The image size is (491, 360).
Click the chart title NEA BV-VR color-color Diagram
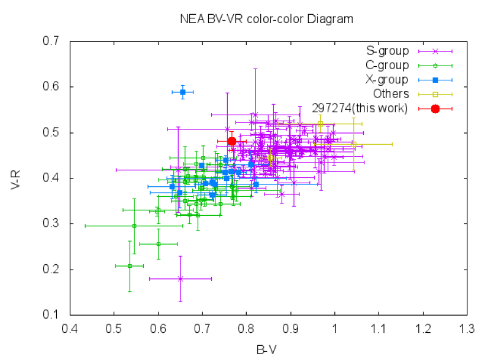(266, 19)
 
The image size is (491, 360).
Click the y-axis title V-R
(17, 179)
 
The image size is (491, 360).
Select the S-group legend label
(387, 51)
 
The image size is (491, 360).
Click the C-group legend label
(387, 66)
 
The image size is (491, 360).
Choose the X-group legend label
(387, 80)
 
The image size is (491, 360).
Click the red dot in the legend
(435, 108)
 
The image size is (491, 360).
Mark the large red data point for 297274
(232, 141)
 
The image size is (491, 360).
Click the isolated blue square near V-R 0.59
(183, 92)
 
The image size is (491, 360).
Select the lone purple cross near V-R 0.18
(180, 278)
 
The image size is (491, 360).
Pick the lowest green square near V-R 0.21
(130, 266)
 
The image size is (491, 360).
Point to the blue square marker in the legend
(435, 80)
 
